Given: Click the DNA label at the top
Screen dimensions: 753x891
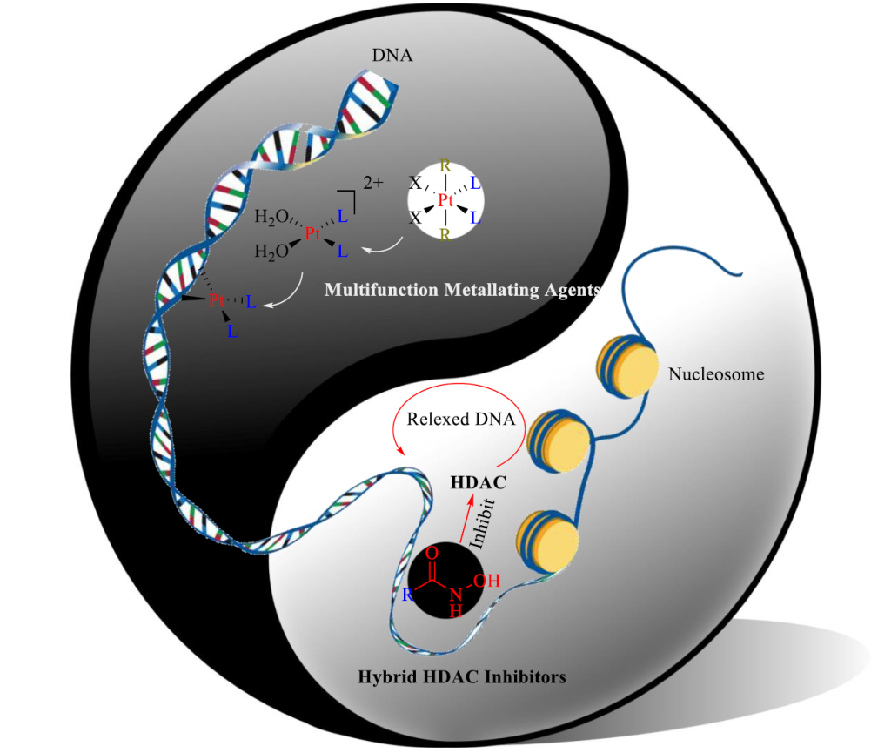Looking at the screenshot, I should click(x=392, y=56).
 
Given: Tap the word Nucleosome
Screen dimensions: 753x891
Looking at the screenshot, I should click(x=716, y=374).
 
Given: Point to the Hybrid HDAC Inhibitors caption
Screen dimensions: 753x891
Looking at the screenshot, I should click(x=462, y=676).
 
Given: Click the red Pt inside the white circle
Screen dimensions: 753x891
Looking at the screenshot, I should click(x=446, y=200).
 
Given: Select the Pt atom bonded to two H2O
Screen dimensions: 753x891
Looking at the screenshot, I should click(x=313, y=232).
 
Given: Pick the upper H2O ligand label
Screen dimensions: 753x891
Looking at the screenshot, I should click(x=271, y=215).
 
